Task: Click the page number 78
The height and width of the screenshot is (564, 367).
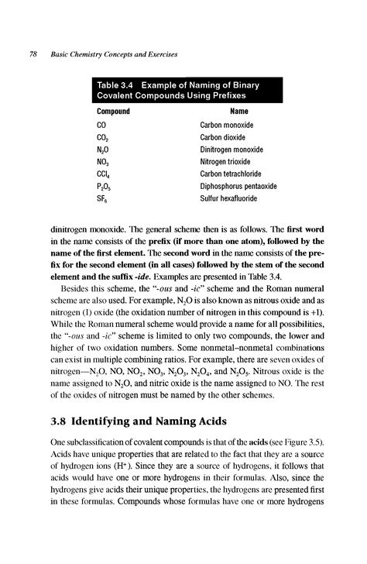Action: tap(33, 55)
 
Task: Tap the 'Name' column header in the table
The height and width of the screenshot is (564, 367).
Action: tap(240, 111)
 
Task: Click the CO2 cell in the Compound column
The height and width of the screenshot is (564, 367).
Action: tap(102, 137)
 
